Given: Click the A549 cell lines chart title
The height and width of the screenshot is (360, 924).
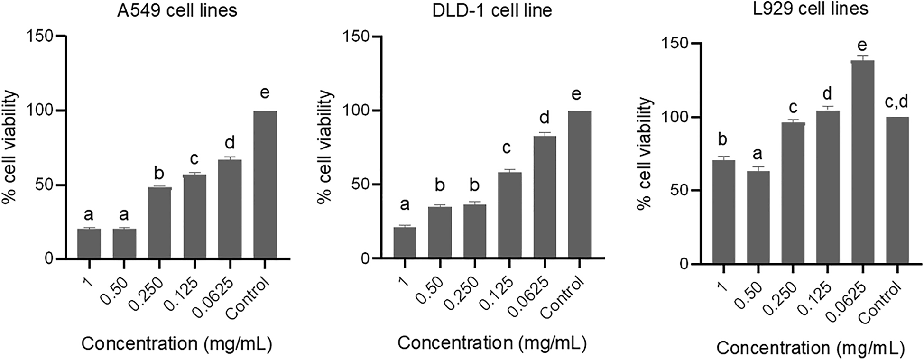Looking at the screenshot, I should point(177,10).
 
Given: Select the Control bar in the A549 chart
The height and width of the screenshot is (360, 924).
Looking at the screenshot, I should point(265,185).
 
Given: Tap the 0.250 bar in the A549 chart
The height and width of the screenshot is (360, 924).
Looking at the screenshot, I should point(159,223).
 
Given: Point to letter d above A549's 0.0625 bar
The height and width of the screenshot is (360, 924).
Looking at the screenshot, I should point(230,142).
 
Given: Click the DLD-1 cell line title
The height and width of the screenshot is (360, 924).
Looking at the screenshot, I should point(492,10).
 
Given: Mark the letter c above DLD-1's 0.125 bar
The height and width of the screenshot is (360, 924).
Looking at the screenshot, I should point(507,148).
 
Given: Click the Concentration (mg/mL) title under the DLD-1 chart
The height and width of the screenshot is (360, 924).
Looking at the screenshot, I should point(492,343).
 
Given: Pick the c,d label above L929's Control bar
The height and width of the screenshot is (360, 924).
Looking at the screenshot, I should point(896,101).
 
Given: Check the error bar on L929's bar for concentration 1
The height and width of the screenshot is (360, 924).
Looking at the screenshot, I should point(723,158).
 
